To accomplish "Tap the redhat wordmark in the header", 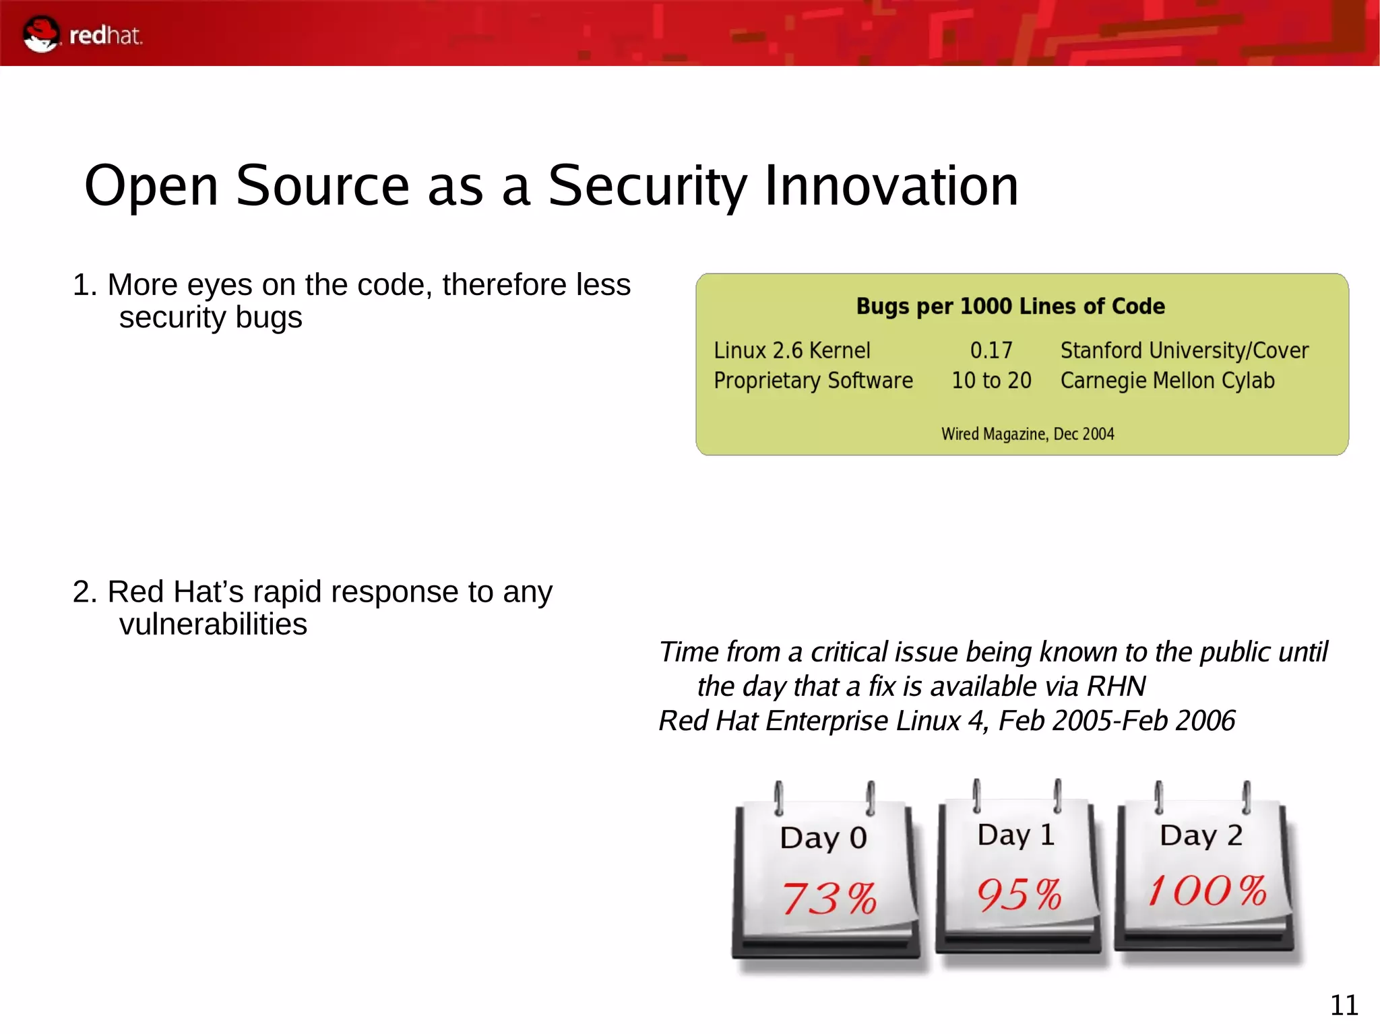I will click(106, 36).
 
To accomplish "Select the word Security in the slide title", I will click(647, 186).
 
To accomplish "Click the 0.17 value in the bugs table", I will click(991, 350).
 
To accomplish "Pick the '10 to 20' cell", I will click(991, 381).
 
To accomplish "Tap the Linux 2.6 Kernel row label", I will click(792, 350).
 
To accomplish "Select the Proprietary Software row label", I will click(813, 381).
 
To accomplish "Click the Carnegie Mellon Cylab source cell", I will click(1167, 381).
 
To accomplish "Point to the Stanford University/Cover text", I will click(1184, 350).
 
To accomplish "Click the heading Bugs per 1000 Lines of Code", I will click(1009, 306).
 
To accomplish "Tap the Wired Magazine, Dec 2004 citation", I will click(1027, 434).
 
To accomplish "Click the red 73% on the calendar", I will click(829, 898).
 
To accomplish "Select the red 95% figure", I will click(1019, 895).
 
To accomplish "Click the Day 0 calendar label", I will click(823, 838).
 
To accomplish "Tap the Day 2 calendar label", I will click(1201, 835).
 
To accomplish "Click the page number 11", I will click(1344, 1005).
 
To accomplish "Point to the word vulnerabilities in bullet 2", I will click(213, 624).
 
